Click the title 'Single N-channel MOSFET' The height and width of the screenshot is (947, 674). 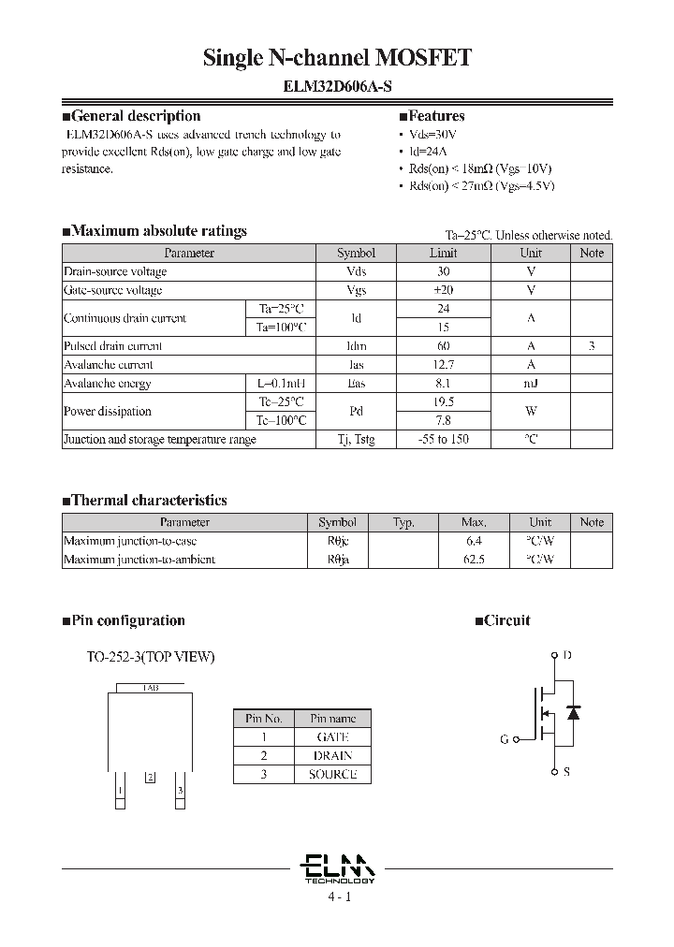coord(337,58)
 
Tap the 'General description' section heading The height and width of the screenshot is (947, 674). coord(136,116)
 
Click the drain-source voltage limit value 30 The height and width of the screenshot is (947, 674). coord(444,271)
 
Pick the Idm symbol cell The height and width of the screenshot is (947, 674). coord(356,346)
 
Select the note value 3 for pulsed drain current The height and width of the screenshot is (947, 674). coord(592,346)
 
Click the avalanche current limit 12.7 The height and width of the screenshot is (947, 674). coord(444,365)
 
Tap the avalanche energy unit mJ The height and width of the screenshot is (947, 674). coord(531,384)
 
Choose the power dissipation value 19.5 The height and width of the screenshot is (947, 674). coord(444,401)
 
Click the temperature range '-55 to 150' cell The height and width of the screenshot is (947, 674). coord(444,439)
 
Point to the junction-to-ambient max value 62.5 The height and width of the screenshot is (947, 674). coord(474,560)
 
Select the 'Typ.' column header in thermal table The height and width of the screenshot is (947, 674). coord(403,522)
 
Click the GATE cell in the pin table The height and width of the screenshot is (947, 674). coord(333,737)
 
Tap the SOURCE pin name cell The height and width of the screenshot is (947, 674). coord(333,774)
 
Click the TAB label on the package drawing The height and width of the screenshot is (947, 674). coord(151,688)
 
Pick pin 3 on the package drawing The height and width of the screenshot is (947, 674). coord(180,791)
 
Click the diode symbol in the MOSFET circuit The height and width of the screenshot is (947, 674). coord(574,713)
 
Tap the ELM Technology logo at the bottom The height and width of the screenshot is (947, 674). coord(339,867)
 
